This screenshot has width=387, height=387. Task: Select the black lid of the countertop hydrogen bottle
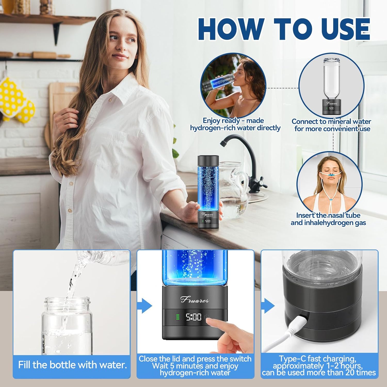tap(208, 159)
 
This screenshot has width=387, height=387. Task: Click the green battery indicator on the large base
tap(178, 317)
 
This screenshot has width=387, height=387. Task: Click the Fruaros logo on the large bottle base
tap(195, 300)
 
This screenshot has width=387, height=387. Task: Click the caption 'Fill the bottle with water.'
tap(72, 365)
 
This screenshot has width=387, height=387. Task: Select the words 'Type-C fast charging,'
tap(318, 359)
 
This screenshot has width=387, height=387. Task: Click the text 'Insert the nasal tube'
tap(328, 215)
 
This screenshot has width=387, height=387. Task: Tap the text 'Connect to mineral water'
tap(331, 121)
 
